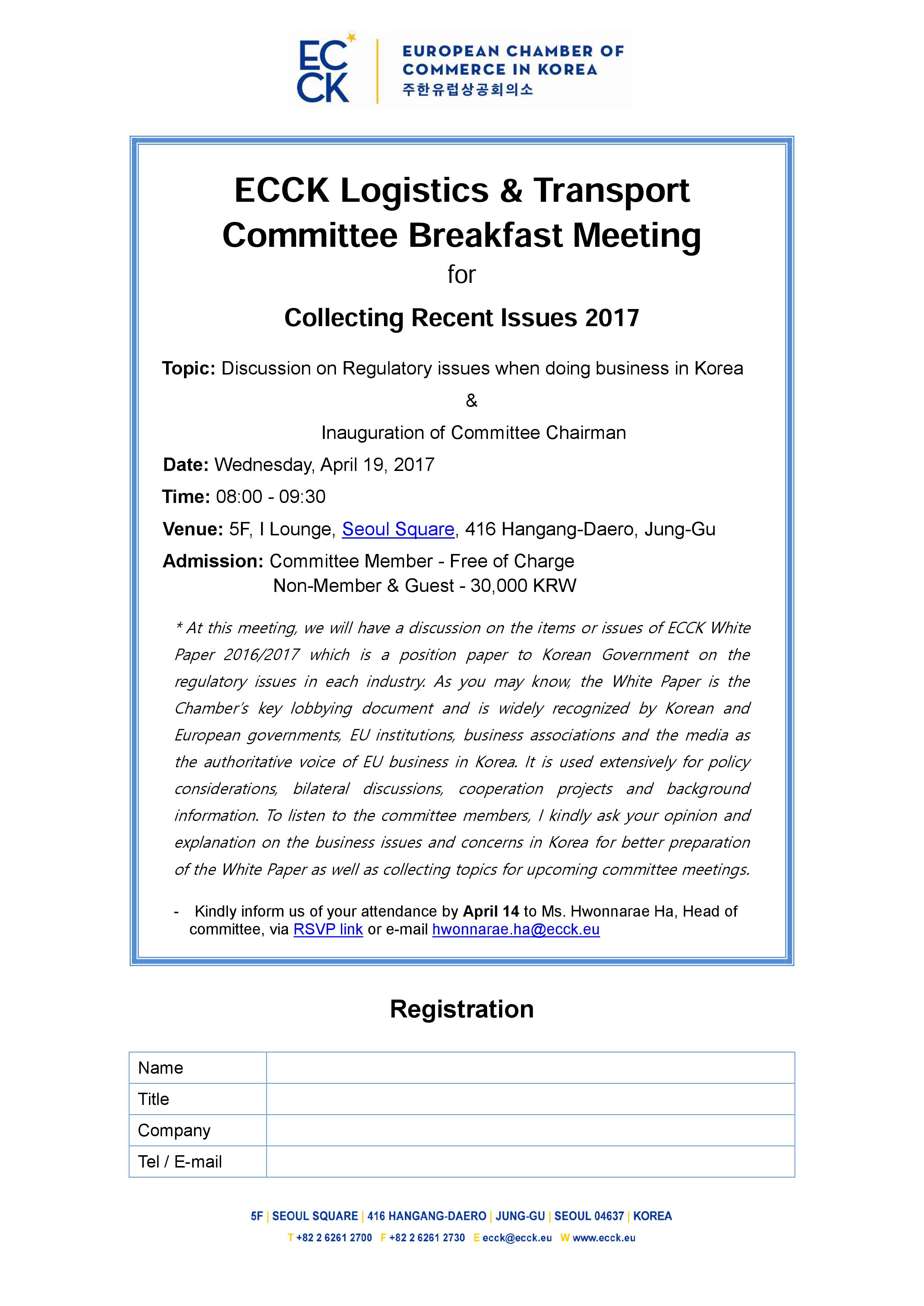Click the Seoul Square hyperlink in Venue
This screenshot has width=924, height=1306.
pyautogui.click(x=398, y=529)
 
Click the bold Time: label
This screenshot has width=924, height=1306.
pyautogui.click(x=186, y=497)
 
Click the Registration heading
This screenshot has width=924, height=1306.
pyautogui.click(x=461, y=1009)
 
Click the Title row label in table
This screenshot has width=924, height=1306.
pyautogui.click(x=153, y=1099)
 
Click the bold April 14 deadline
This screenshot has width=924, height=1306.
pyautogui.click(x=491, y=911)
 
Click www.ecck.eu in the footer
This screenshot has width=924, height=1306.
pyautogui.click(x=604, y=1238)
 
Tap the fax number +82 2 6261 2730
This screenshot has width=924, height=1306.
pyautogui.click(x=427, y=1238)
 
